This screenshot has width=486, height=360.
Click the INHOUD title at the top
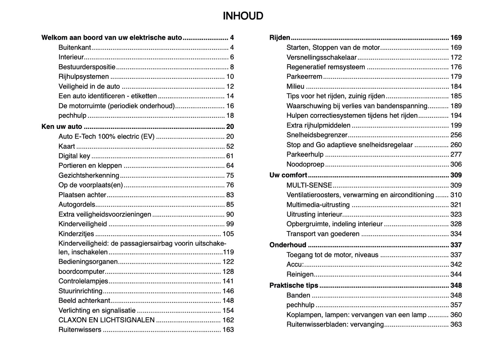coord(243,16)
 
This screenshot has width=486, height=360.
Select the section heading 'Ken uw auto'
coord(62,127)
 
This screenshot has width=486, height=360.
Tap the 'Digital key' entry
coord(74,156)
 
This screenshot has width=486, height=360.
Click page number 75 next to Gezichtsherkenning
coord(230,175)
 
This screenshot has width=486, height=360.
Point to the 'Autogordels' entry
coord(77,205)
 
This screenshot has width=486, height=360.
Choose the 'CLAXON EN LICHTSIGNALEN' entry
coord(106,320)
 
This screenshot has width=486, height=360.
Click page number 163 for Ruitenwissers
coord(228,330)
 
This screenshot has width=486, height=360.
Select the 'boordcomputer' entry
coord(81,272)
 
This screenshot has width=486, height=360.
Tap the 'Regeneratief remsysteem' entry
coord(326,67)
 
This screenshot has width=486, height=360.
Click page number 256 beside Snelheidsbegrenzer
coord(456,135)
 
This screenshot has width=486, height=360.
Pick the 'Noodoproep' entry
coord(305,164)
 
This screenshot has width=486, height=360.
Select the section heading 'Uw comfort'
coord(288,175)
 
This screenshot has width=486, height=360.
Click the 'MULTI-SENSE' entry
coord(309,185)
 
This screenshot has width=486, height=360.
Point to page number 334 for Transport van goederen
coord(456,234)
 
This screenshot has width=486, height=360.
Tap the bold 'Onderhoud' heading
coord(288,245)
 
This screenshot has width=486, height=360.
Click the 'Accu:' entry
coord(295,264)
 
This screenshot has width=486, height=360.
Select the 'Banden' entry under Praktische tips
coord(298,295)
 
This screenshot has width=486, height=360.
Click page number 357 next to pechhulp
coord(456,305)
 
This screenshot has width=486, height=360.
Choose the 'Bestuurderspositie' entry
coord(87,67)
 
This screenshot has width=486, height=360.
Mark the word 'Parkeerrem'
coord(304,77)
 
